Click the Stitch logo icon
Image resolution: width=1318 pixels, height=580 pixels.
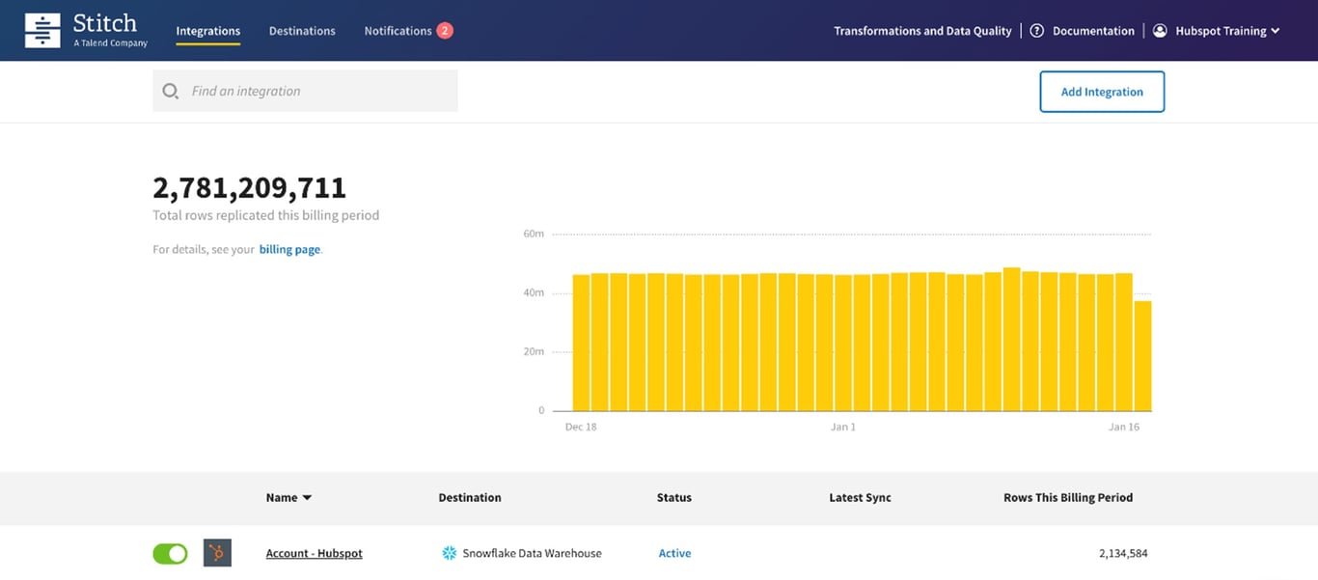point(41,31)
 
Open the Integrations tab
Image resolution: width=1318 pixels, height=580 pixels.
point(207,31)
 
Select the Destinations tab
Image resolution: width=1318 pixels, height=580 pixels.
point(302,31)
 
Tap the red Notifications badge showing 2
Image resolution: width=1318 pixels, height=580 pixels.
point(444,31)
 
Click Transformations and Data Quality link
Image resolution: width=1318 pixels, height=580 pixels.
point(922,31)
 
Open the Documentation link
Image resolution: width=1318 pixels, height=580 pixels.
point(1092,31)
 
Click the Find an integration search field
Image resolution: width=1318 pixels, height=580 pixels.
point(305,91)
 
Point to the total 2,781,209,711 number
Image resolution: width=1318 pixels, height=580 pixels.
point(249,187)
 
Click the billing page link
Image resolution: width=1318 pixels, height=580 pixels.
point(289,249)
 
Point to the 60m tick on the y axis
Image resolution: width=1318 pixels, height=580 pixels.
point(534,234)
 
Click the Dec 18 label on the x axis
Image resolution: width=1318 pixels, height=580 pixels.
point(581,427)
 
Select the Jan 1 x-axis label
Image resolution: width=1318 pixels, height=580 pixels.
point(843,427)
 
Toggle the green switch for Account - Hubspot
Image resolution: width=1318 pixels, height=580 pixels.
point(170,553)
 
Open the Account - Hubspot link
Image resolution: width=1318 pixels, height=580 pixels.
point(314,553)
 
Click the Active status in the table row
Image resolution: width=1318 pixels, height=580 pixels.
point(674,553)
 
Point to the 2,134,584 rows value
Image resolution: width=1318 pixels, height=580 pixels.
point(1123,553)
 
